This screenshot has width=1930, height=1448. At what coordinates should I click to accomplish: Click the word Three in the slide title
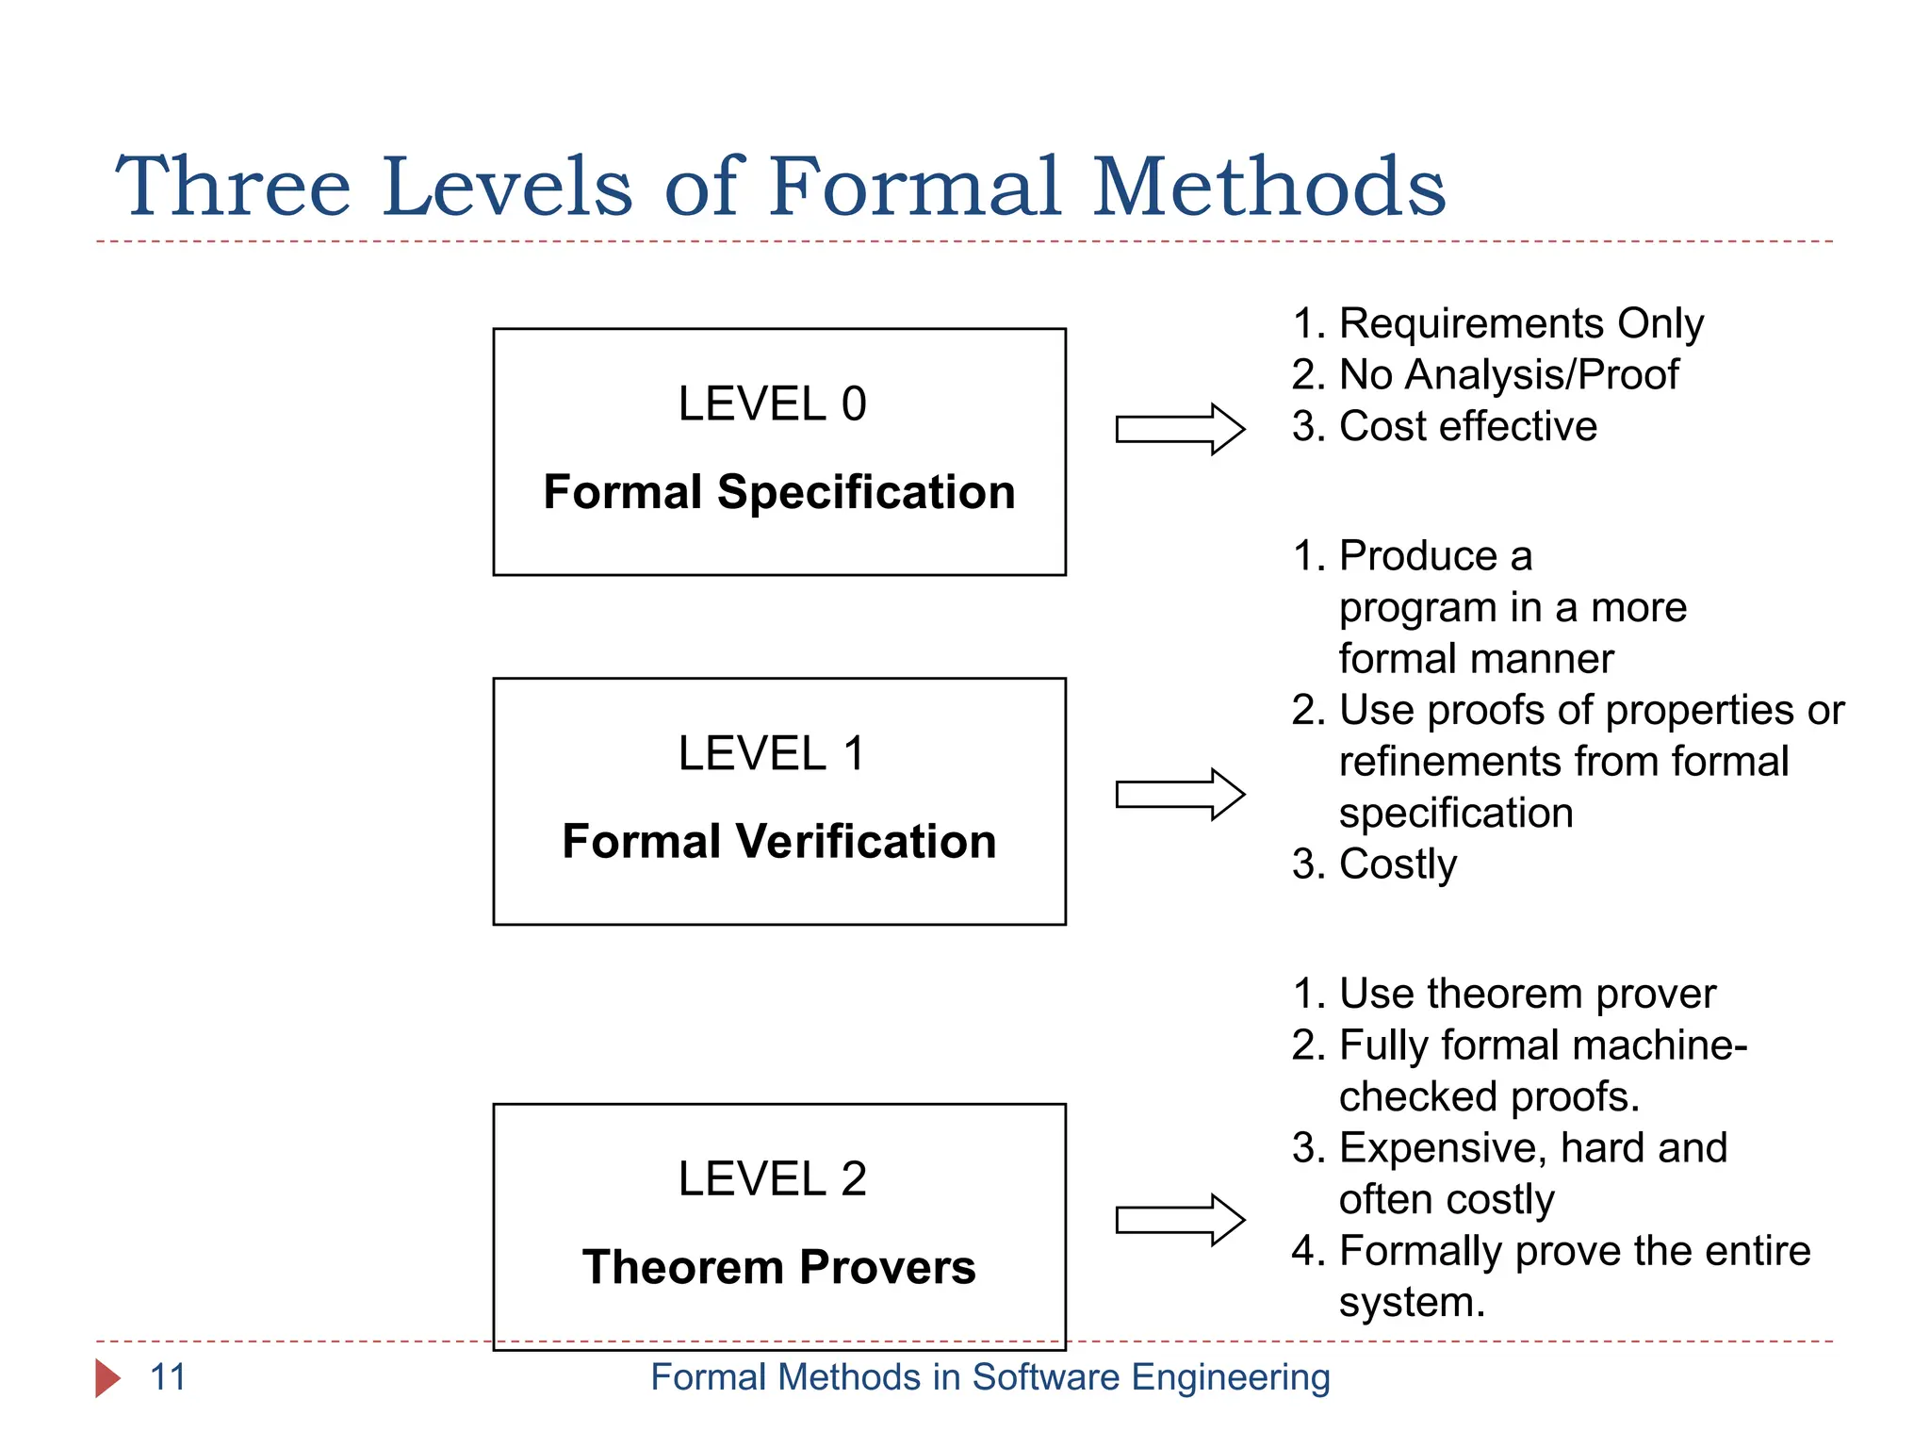pos(233,187)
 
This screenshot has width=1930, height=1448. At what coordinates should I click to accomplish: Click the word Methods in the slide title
pos(1268,187)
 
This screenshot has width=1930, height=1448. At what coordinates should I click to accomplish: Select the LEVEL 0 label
pos(772,404)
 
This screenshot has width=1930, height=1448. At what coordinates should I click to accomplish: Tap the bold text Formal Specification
pos(779,492)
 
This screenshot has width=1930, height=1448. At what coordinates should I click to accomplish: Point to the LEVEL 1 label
pos(772,753)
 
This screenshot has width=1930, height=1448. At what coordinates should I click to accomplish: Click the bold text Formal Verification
pos(779,841)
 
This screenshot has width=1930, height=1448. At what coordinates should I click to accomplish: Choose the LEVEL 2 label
pos(772,1179)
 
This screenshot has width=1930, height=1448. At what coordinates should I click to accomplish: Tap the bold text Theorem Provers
pos(779,1267)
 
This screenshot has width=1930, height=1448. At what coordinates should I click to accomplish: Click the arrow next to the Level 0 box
pos(1180,429)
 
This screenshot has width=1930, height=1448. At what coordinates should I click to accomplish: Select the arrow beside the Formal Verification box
pos(1180,795)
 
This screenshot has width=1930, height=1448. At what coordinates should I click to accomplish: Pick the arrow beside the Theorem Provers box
pos(1180,1220)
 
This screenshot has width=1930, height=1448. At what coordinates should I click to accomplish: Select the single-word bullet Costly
pos(1398,864)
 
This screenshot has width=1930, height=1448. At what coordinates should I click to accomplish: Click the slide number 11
pos(168,1377)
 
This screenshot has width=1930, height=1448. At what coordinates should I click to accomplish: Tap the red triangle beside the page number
pos(107,1378)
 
